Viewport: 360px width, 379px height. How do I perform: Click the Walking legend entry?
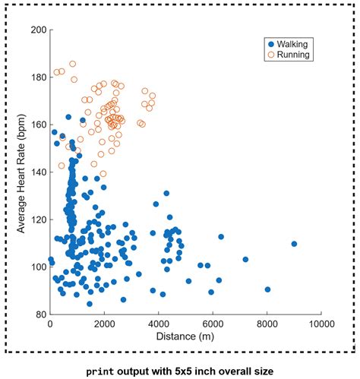pos(288,44)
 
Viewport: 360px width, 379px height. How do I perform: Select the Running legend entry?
pos(289,55)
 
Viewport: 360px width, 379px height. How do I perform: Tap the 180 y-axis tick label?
pos(39,77)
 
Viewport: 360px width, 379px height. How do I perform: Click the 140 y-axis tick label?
pos(39,172)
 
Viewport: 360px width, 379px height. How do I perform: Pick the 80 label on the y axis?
pos(42,314)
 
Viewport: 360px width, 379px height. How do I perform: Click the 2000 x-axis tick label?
pos(104,324)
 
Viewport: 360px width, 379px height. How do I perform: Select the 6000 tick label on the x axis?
pos(213,324)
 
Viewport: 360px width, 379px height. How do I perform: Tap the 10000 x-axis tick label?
pos(321,324)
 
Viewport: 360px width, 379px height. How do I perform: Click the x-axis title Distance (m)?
pos(185,336)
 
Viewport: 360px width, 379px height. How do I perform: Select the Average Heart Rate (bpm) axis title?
pos(21,174)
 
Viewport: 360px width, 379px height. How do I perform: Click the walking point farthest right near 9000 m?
pos(294,244)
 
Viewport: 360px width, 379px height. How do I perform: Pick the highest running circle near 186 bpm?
pos(73,64)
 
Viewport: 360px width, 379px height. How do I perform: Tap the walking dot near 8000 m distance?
pos(267,289)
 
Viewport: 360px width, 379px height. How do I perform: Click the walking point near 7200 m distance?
pos(245,259)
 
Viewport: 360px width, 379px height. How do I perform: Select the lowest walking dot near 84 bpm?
pos(90,304)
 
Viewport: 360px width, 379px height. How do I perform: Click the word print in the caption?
pos(100,372)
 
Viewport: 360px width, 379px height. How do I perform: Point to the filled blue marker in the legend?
pos(271,45)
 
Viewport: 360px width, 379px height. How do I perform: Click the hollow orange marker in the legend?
pos(271,55)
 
